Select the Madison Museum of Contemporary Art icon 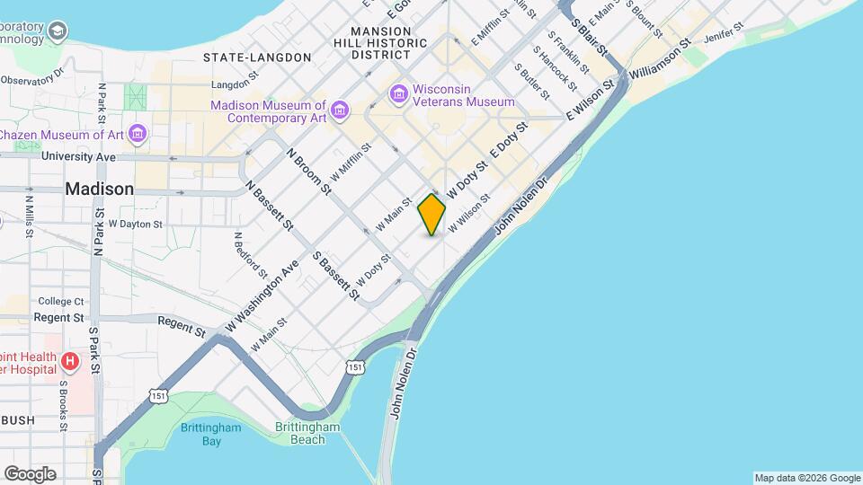coord(340,110)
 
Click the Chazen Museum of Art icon coord(137,135)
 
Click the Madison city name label coord(100,190)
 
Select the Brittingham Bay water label coord(210,434)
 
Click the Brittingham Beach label coord(300,433)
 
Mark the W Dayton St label coord(135,224)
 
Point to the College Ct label coord(60,301)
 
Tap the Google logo coord(30,473)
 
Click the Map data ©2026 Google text coord(806,478)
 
